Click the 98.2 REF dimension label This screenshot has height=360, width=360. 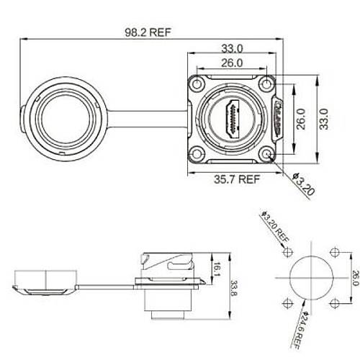point(148,32)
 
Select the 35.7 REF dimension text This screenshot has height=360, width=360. point(237,179)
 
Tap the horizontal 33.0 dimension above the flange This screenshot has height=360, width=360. point(232,49)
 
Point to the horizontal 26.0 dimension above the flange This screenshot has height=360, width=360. point(232,63)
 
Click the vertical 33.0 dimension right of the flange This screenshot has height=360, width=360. point(324,119)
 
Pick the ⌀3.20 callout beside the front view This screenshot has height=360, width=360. point(304,184)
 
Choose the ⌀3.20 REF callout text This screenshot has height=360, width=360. point(275,226)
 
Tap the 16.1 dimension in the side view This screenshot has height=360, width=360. point(217,269)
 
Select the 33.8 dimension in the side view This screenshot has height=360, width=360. point(234,288)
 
